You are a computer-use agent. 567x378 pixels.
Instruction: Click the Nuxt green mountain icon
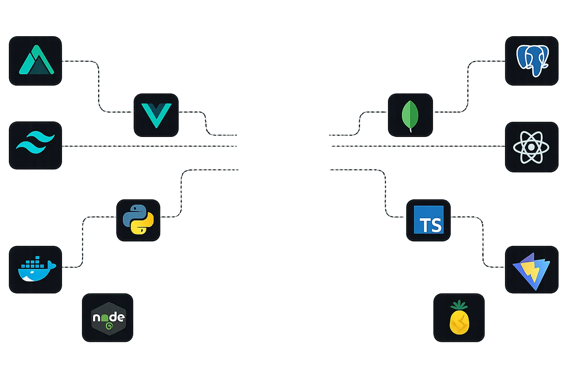click(36, 61)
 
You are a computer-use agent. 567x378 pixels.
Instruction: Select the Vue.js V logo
click(156, 115)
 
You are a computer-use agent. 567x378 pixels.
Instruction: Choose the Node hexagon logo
click(108, 318)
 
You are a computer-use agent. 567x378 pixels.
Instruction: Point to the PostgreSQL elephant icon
click(532, 61)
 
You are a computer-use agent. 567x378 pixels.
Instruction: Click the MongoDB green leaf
click(410, 115)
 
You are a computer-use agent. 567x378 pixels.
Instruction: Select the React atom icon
click(531, 147)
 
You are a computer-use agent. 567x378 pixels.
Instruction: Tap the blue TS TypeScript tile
click(428, 220)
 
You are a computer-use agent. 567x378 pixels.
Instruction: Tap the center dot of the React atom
click(531, 147)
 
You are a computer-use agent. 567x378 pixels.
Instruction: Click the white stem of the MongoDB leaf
click(410, 129)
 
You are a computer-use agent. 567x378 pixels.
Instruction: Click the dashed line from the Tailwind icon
click(148, 146)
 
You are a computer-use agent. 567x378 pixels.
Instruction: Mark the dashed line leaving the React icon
click(417, 146)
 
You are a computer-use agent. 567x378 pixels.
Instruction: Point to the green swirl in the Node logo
click(109, 326)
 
